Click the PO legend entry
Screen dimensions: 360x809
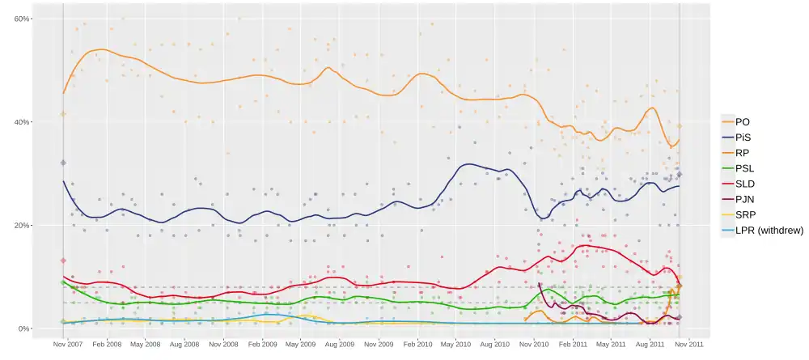point(742,122)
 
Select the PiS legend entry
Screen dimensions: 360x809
point(743,138)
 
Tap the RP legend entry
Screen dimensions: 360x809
point(742,153)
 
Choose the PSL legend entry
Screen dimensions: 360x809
point(744,168)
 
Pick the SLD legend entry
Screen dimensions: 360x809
point(744,184)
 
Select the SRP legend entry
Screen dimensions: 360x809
point(744,215)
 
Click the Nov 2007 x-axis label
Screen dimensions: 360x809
point(67,345)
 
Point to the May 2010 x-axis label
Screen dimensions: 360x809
point(455,345)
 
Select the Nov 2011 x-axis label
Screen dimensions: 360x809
point(689,345)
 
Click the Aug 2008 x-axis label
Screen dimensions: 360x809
point(184,345)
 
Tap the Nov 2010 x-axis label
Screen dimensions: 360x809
point(534,345)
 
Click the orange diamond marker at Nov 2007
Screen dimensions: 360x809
point(63,114)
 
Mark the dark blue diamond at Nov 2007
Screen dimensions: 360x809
point(63,163)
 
